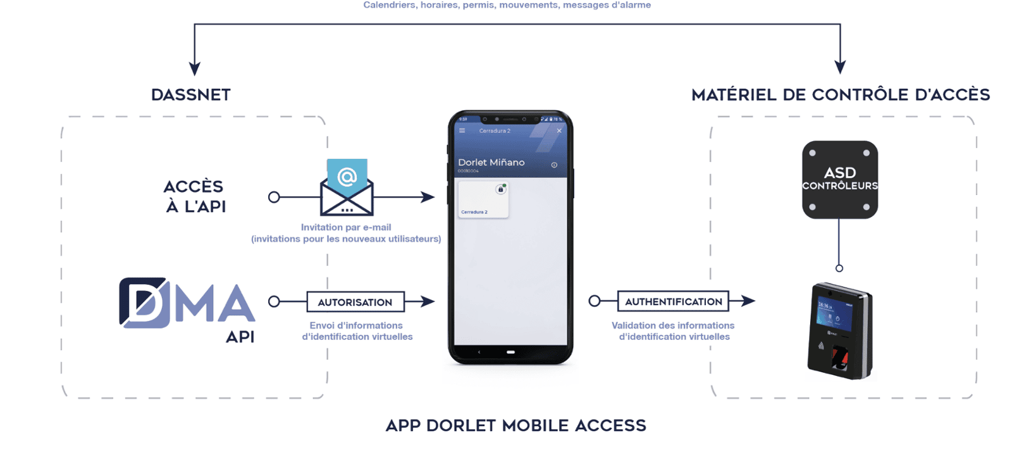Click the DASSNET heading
[x=191, y=95]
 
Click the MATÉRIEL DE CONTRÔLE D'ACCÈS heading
[x=841, y=95]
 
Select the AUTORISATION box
[x=355, y=302]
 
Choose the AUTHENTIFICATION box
[x=673, y=301]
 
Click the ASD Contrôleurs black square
[x=840, y=180]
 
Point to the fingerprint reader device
[x=840, y=332]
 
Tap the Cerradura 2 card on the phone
[x=483, y=199]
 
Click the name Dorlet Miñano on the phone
[x=491, y=162]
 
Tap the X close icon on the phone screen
[x=559, y=131]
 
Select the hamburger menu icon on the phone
[x=462, y=131]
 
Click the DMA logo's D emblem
[x=144, y=303]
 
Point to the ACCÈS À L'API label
[x=195, y=196]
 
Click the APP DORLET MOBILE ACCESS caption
[x=515, y=425]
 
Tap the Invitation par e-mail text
[x=346, y=227]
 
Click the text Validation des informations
[x=673, y=325]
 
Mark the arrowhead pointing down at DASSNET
[x=195, y=68]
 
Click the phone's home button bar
[x=510, y=352]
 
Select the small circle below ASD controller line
[x=839, y=268]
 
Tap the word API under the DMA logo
[x=240, y=337]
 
